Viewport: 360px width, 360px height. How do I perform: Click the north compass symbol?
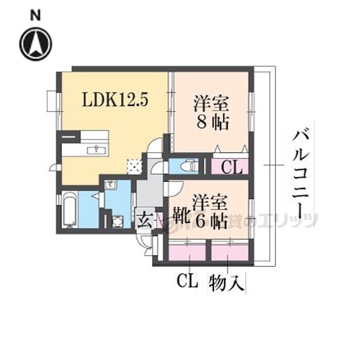(35, 44)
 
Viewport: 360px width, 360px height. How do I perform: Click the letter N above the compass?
(35, 16)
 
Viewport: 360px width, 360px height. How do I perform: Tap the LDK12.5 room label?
(116, 99)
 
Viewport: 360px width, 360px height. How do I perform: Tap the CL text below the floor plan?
(188, 282)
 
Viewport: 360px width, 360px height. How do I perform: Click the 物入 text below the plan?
(226, 283)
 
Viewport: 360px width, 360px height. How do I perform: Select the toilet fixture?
(189, 166)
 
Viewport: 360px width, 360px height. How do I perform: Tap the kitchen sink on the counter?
(95, 150)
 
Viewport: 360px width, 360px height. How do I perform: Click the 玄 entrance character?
(145, 219)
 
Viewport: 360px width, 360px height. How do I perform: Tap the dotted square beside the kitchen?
(134, 166)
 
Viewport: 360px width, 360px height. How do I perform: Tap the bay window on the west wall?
(52, 100)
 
